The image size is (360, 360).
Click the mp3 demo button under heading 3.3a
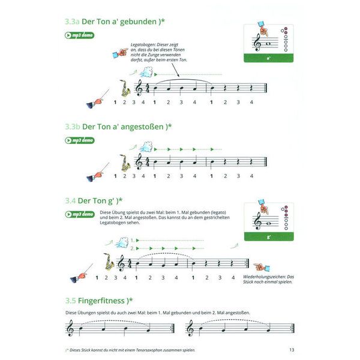(x=79, y=35)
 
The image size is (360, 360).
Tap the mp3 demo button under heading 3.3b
(x=79, y=140)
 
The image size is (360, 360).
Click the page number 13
(x=291, y=350)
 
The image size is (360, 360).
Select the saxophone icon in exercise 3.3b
(x=125, y=163)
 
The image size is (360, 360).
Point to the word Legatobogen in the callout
(x=146, y=44)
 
